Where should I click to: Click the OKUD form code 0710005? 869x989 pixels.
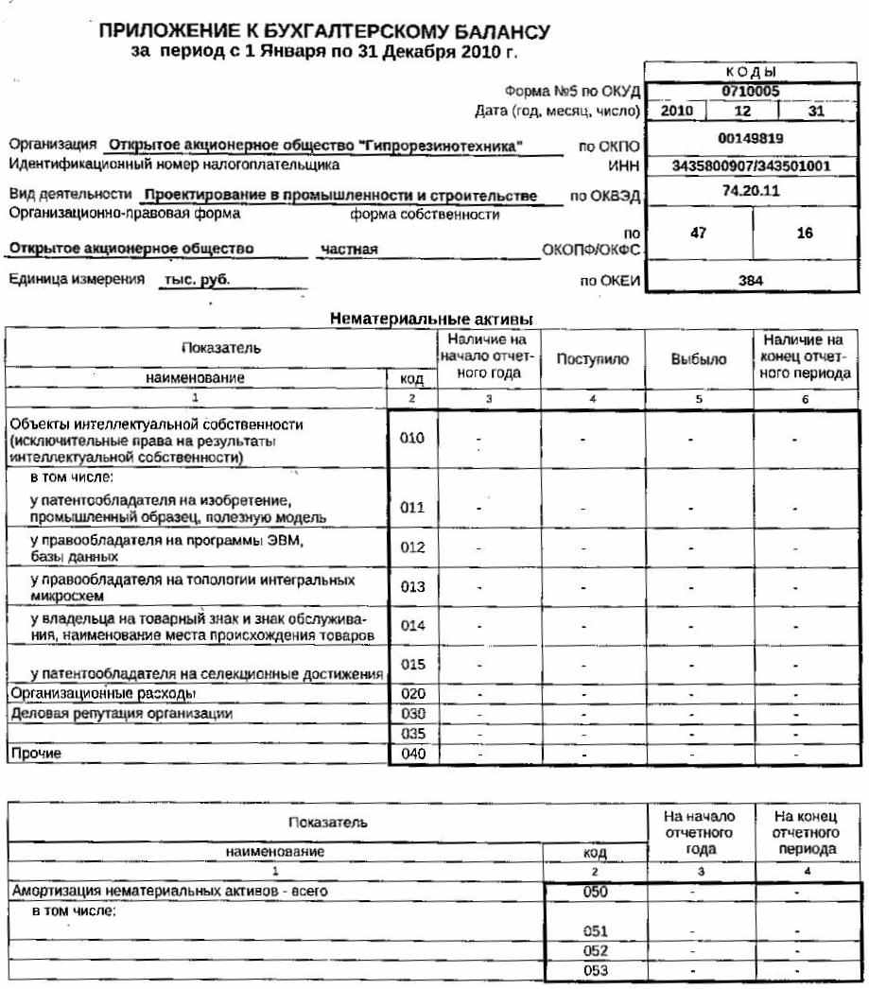(x=750, y=92)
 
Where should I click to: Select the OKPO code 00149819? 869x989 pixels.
(x=750, y=138)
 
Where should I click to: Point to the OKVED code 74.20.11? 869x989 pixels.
(x=750, y=190)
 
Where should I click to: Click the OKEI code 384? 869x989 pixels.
(x=750, y=281)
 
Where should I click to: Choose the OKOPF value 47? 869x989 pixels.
(x=698, y=233)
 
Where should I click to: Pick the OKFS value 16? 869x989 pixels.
(x=805, y=233)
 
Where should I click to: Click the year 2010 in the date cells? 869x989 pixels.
(x=677, y=111)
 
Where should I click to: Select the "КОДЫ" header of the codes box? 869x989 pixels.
(x=751, y=72)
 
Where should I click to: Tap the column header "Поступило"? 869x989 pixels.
(x=593, y=360)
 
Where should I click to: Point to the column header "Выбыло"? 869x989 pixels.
(x=698, y=360)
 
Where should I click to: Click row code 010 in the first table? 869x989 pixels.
(x=412, y=439)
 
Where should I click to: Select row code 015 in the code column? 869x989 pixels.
(x=412, y=665)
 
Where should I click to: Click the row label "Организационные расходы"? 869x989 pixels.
(x=88, y=693)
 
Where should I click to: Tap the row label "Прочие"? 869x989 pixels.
(x=35, y=754)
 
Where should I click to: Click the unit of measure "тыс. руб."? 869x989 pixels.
(x=197, y=281)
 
